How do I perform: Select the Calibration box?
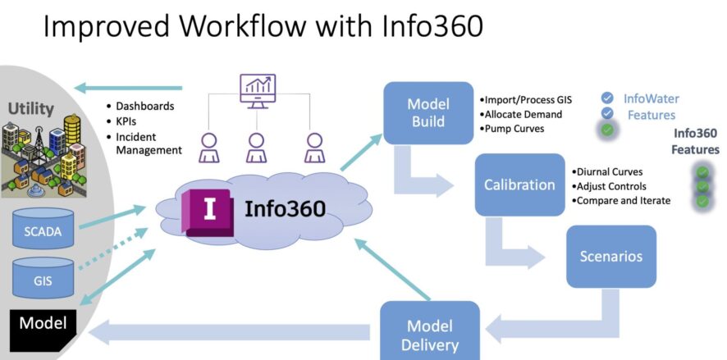(519, 185)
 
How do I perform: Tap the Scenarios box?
(610, 256)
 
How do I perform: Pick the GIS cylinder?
(42, 278)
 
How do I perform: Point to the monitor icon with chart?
(257, 91)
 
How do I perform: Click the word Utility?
(31, 107)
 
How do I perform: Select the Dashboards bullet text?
(144, 107)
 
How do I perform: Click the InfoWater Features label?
(651, 107)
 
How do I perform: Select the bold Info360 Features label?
(696, 141)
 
